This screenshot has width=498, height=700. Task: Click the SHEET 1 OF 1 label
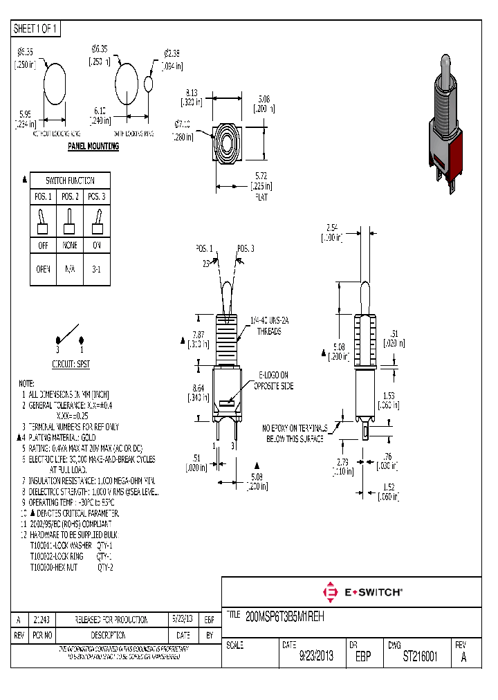36,29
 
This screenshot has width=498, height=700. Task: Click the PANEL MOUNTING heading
93,147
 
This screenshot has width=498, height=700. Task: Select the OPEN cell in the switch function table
43,270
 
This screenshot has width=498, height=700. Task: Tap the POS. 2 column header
70,197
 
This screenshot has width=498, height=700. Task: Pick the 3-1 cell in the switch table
96,270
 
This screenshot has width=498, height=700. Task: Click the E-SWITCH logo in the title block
363,593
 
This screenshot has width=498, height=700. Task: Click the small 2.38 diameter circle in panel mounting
149,83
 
